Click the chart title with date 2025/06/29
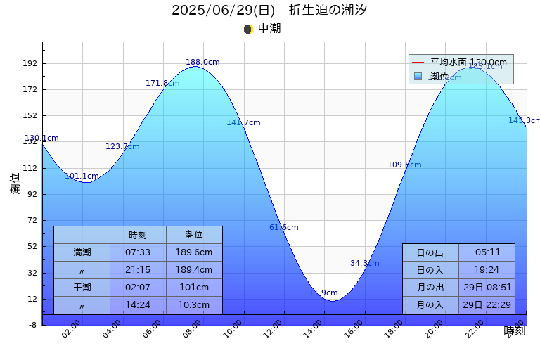pyautogui.click(x=269, y=10)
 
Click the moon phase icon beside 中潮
pyautogui.click(x=247, y=29)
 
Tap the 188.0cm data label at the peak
pyautogui.click(x=202, y=63)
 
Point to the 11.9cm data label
pyautogui.click(x=323, y=293)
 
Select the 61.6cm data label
pyautogui.click(x=284, y=228)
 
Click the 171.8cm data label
pyautogui.click(x=162, y=84)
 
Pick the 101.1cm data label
pyautogui.click(x=82, y=176)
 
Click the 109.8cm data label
pyautogui.click(x=404, y=165)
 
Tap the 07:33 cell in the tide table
pyautogui.click(x=138, y=252)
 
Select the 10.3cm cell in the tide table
pyautogui.click(x=194, y=305)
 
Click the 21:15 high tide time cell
pyautogui.click(x=138, y=269)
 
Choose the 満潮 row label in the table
pyautogui.click(x=82, y=252)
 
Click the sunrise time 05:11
pyautogui.click(x=487, y=252)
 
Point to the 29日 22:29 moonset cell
pyautogui.click(x=487, y=305)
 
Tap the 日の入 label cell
pyautogui.click(x=430, y=270)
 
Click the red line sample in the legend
pyautogui.click(x=418, y=63)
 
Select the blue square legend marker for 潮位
pyautogui.click(x=418, y=76)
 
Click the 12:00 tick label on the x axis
pyautogui.click(x=273, y=328)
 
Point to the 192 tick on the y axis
pyautogui.click(x=32, y=63)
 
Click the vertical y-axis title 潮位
pyautogui.click(x=15, y=184)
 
